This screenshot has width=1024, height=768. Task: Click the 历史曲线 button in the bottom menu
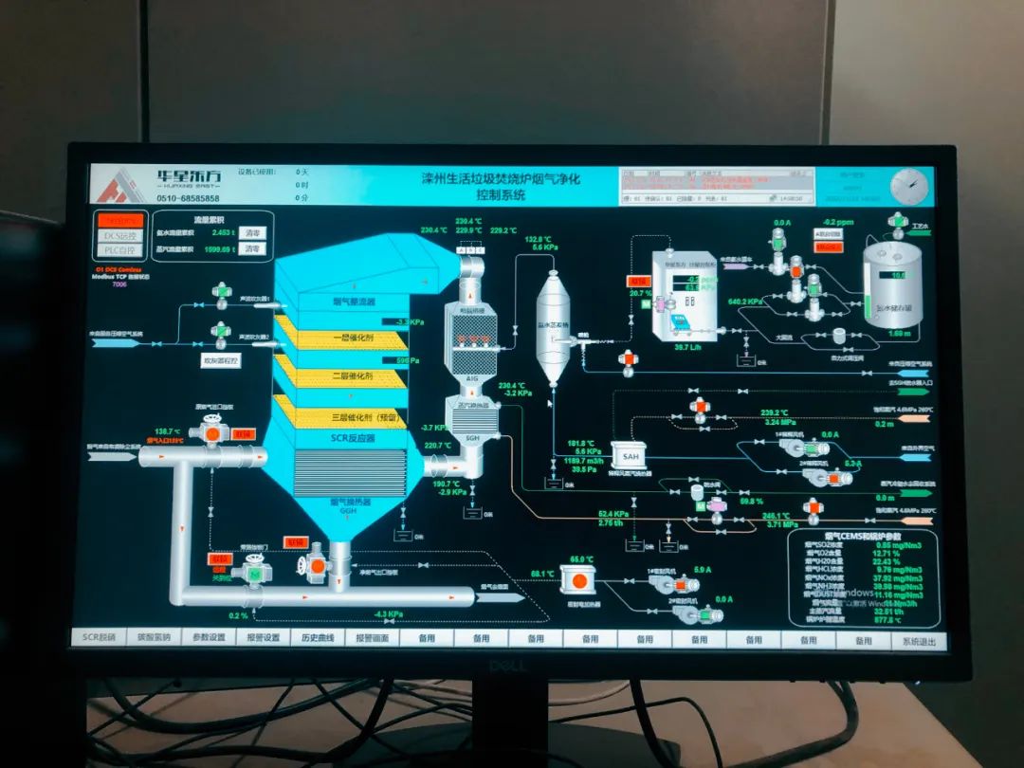318,638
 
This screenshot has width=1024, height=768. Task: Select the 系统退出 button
918,641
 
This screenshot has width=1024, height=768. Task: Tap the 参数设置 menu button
209,638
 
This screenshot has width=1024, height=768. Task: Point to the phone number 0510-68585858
188,198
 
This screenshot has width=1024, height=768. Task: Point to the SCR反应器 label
353,437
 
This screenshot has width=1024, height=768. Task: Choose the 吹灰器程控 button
221,361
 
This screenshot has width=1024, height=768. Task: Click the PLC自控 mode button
120,250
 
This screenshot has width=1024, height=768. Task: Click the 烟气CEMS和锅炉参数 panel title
863,536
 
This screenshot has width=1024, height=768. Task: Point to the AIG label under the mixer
472,377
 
